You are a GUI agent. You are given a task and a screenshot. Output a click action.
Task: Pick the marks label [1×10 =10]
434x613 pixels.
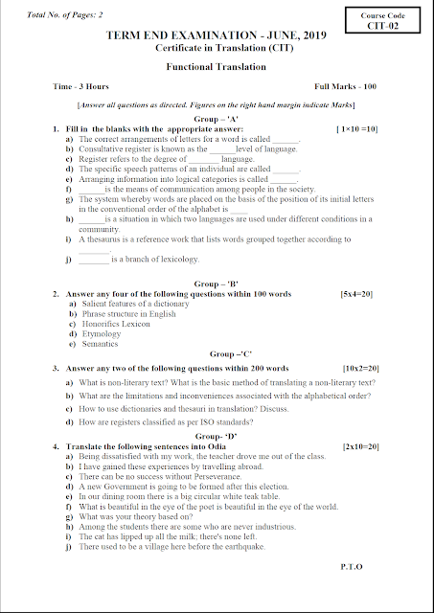point(356,127)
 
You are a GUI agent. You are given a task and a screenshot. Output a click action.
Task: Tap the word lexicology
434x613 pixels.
point(174,259)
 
